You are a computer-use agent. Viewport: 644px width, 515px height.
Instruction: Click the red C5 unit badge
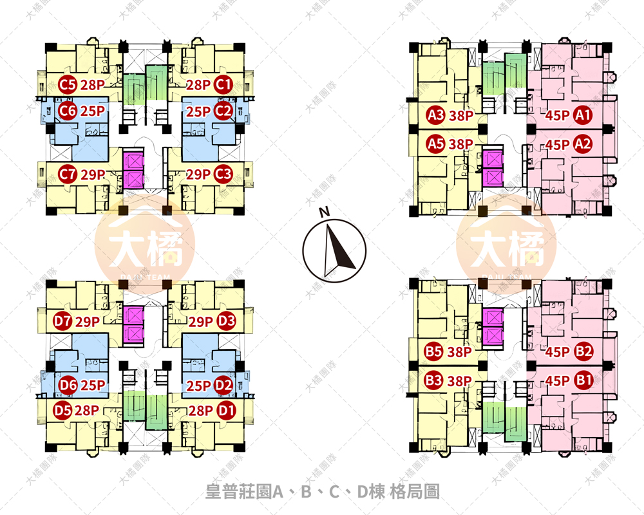[x=68, y=84]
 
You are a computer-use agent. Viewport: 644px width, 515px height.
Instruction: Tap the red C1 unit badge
[x=223, y=84]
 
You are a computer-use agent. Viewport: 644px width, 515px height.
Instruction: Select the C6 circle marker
[x=68, y=111]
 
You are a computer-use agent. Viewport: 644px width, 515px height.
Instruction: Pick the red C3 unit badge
[x=223, y=174]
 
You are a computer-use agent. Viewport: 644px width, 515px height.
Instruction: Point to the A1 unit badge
[x=583, y=117]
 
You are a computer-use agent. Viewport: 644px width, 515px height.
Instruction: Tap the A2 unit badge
[x=583, y=144]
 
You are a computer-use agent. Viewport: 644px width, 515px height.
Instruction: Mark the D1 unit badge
[x=226, y=409]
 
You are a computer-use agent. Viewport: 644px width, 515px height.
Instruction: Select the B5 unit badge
[x=433, y=352]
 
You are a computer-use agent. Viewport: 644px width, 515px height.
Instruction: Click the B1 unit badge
[x=583, y=380]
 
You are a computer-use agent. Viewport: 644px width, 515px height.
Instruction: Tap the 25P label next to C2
[x=198, y=111]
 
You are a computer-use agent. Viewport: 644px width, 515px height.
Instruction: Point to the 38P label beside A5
[x=461, y=144]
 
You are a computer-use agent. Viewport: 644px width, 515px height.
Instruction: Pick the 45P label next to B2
[x=557, y=352]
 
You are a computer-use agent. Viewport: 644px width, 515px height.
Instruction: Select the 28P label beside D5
[x=86, y=409]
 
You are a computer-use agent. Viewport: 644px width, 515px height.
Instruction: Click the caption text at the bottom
[x=322, y=492]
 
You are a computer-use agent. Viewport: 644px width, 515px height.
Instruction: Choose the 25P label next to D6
[x=93, y=386]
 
